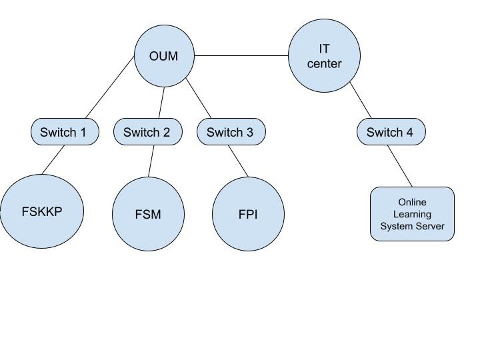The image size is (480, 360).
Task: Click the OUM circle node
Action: click(x=164, y=56)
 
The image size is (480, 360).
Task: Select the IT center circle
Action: click(x=324, y=56)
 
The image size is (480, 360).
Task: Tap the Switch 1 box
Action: click(x=64, y=132)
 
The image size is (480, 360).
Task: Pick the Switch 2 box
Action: click(x=147, y=132)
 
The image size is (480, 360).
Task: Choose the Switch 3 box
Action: click(x=231, y=132)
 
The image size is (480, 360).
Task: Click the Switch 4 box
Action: click(x=390, y=132)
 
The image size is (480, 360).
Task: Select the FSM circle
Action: click(x=148, y=215)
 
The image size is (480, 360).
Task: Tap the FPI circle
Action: click(x=248, y=215)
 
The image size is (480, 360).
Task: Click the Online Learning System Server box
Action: click(x=412, y=214)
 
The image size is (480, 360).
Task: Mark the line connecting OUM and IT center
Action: click(x=241, y=56)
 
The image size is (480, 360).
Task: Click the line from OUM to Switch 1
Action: click(x=110, y=88)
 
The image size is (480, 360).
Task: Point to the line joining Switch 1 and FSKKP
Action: click(x=54, y=159)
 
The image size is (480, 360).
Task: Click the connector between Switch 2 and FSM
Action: click(x=151, y=161)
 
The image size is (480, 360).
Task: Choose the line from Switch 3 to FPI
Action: click(x=239, y=161)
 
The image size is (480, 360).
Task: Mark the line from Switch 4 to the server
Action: click(x=400, y=165)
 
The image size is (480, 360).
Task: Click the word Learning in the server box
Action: click(x=412, y=214)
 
